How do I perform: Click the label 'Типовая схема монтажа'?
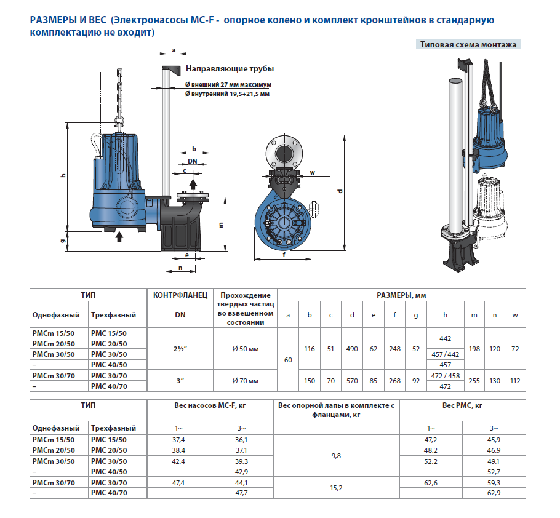pos(468,44)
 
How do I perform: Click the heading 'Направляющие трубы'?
pos(230,69)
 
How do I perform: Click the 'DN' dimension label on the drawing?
pos(193,161)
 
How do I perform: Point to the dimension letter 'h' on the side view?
pos(63,176)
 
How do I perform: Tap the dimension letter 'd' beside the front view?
pos(340,191)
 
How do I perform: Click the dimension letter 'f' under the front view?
pos(284,254)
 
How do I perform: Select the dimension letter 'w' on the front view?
pos(313,173)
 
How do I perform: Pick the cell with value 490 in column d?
pos(352,349)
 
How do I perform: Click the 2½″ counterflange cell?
pos(182,349)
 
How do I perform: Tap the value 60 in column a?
pos(288,359)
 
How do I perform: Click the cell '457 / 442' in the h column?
pos(446,354)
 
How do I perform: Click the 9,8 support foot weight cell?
pos(335,456)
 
